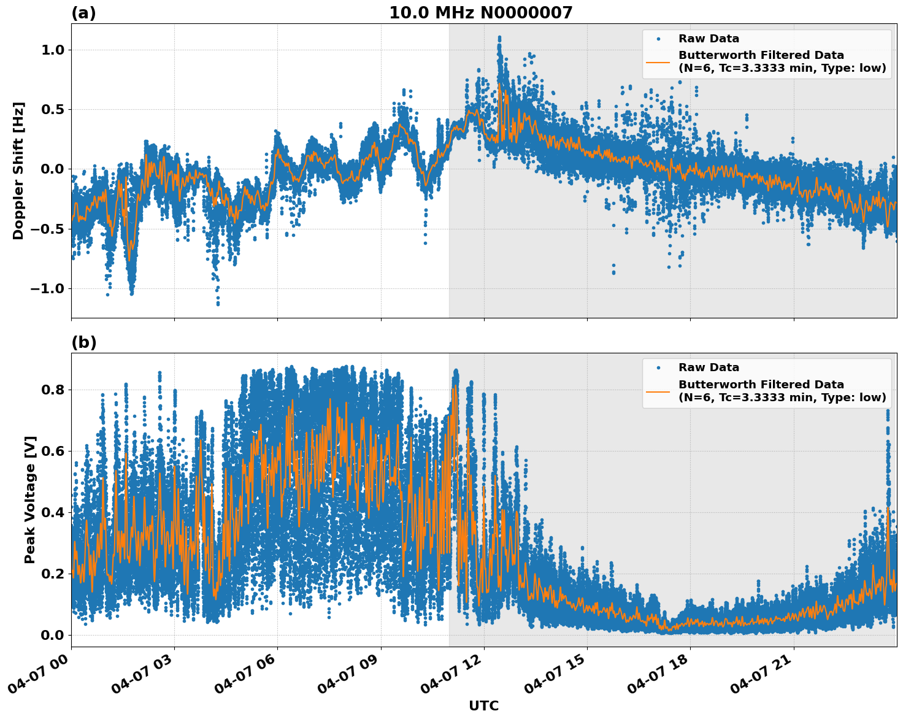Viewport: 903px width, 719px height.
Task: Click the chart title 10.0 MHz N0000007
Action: [480, 13]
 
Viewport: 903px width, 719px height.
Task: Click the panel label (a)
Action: [83, 13]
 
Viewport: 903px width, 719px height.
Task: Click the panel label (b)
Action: [83, 342]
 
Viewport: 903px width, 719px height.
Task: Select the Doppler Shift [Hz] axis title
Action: [18, 171]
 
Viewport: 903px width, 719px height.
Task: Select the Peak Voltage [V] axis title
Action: [30, 499]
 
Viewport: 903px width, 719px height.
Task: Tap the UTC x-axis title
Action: [483, 706]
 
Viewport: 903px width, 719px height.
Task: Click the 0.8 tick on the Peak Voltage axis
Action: [53, 390]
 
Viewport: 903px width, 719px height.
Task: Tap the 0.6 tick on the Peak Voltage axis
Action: [53, 451]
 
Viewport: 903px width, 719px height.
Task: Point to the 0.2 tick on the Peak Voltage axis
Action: [53, 574]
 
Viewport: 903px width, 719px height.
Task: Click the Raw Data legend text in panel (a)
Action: [709, 39]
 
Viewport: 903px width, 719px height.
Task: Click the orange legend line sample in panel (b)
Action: [658, 391]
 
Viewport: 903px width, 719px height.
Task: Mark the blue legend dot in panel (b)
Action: [658, 367]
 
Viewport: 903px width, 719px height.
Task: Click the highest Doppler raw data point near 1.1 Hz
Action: [499, 37]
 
